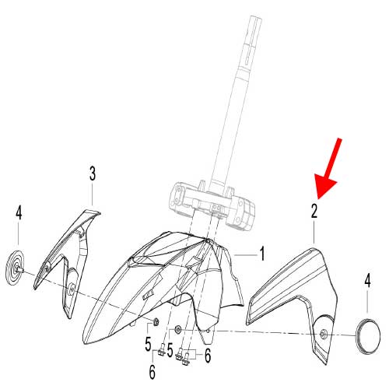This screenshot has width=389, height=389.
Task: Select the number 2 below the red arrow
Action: click(x=314, y=211)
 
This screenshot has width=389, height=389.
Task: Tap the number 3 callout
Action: click(x=93, y=173)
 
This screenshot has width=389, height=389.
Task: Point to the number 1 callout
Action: click(x=262, y=254)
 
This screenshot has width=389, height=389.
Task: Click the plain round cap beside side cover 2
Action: click(x=368, y=335)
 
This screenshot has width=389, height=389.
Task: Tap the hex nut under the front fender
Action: click(x=156, y=323)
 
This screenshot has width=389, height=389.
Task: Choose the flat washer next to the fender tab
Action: click(x=178, y=330)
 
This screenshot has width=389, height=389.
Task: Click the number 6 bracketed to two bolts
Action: click(x=208, y=356)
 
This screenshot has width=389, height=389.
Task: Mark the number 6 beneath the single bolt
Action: click(x=152, y=372)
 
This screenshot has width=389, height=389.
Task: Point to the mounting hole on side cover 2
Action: click(x=323, y=335)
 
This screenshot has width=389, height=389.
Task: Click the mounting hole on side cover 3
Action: click(x=71, y=289)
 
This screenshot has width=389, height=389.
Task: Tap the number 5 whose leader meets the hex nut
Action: click(x=148, y=345)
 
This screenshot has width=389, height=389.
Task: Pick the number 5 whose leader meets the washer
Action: click(x=170, y=350)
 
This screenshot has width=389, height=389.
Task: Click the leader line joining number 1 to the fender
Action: click(x=246, y=256)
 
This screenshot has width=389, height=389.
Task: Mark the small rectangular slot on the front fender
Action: click(x=147, y=295)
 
